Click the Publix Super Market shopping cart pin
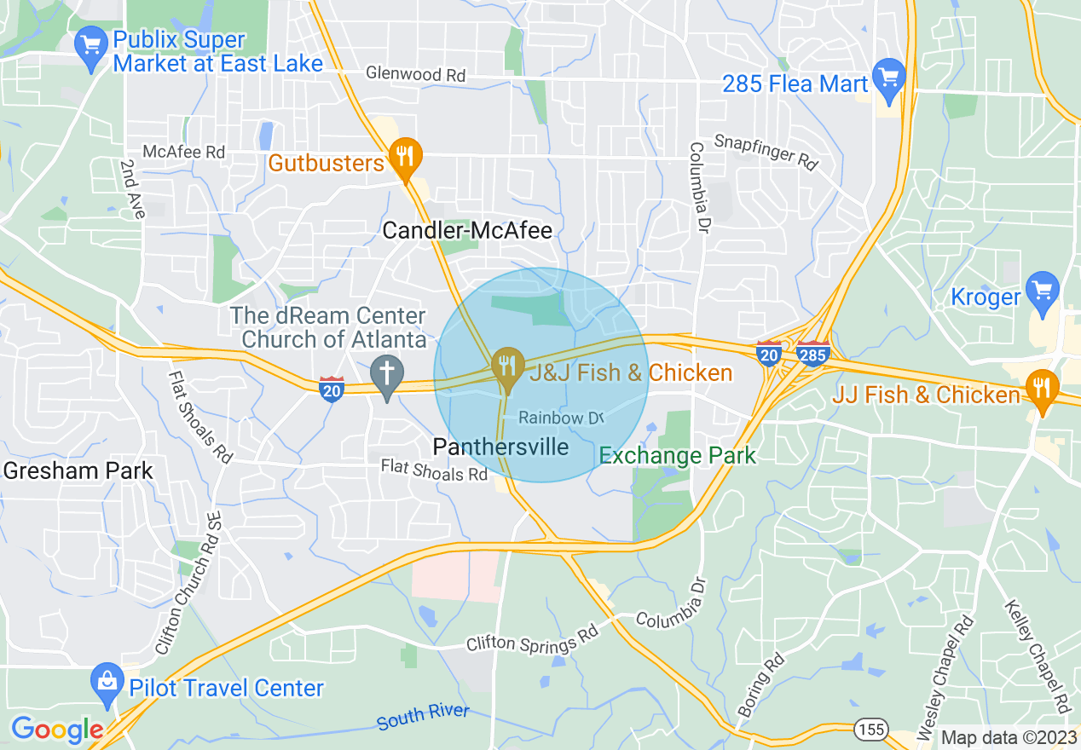tap(89, 43)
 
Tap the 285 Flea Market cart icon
tap(889, 74)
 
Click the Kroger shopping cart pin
tap(1042, 289)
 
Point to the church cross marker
tap(387, 372)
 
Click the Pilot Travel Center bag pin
tap(107, 682)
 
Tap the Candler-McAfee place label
tap(467, 230)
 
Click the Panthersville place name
tap(500, 447)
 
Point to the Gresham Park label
tap(78, 470)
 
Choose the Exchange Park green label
tap(677, 455)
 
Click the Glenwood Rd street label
tap(415, 74)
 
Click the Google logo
tap(56, 730)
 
